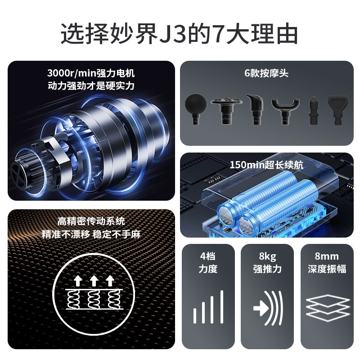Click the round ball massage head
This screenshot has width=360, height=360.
pos(197,106)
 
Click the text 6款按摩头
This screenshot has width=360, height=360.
pos(266,73)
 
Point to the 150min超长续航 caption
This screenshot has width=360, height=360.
pos(266,165)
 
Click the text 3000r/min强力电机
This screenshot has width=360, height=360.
pos(91,73)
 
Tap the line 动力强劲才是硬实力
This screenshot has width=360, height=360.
pos(91,85)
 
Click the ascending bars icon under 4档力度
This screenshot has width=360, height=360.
pos(208,307)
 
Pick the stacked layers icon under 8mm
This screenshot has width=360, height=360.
pos(327,307)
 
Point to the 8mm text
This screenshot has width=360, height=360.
pos(327,257)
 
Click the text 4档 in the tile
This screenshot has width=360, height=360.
pos(208,257)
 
